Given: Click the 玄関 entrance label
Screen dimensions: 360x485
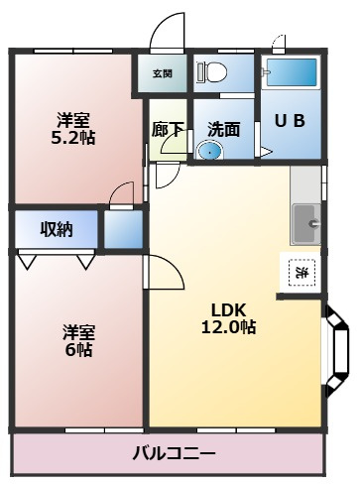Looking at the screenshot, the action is (163, 73).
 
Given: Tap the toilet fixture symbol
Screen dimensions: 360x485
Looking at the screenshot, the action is (212, 71).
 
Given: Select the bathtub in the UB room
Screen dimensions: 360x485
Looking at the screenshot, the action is (292, 72).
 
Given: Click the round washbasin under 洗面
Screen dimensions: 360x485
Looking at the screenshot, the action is (210, 152).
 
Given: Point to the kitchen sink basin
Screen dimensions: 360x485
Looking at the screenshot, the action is (306, 224).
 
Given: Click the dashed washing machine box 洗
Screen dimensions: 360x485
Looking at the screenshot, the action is (301, 273).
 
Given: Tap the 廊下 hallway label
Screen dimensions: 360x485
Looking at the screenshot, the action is (168, 129).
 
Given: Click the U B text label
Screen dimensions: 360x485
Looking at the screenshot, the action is (290, 121).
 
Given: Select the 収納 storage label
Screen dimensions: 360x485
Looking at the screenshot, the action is (57, 229).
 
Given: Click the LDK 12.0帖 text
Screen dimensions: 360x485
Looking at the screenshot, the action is (228, 318).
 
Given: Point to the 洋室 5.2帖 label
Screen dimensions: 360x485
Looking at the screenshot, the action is (73, 129).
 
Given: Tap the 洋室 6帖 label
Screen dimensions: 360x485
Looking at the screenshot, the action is (78, 341).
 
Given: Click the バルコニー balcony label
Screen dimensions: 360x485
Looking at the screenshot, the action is (174, 452).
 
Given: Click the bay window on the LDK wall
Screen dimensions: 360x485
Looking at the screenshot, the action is (337, 351).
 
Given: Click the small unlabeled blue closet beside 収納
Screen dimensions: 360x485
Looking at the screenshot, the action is (124, 229).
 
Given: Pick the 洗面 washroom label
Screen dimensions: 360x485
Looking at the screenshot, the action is (224, 129).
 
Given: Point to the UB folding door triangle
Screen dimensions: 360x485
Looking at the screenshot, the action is (265, 152).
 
